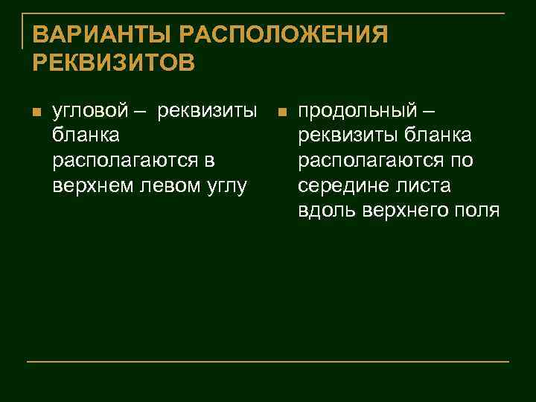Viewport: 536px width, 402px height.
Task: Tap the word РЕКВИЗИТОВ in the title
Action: [x=114, y=62]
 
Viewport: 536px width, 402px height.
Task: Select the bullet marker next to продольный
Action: [x=281, y=114]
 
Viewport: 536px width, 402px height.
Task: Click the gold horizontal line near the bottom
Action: [x=268, y=362]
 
